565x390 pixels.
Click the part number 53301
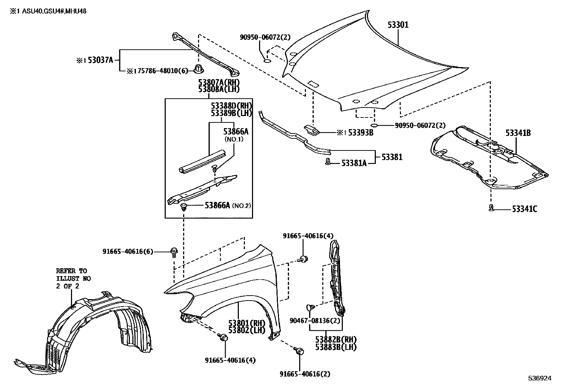[x=398, y=25]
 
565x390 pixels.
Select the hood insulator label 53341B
[x=518, y=133]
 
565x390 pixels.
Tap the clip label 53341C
[x=524, y=209]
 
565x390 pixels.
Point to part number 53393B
[x=360, y=133]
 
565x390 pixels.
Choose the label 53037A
[x=100, y=60]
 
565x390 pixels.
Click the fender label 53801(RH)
[x=247, y=323]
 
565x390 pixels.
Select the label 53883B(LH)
[x=336, y=347]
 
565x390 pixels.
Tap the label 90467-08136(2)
[x=315, y=321]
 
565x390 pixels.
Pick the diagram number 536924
[x=539, y=378]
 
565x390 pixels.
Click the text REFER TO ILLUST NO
[x=73, y=275]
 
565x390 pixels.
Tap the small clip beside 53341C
[x=491, y=208]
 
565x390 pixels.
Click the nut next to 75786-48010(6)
[x=198, y=69]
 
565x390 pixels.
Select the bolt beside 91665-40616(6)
[x=174, y=252]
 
